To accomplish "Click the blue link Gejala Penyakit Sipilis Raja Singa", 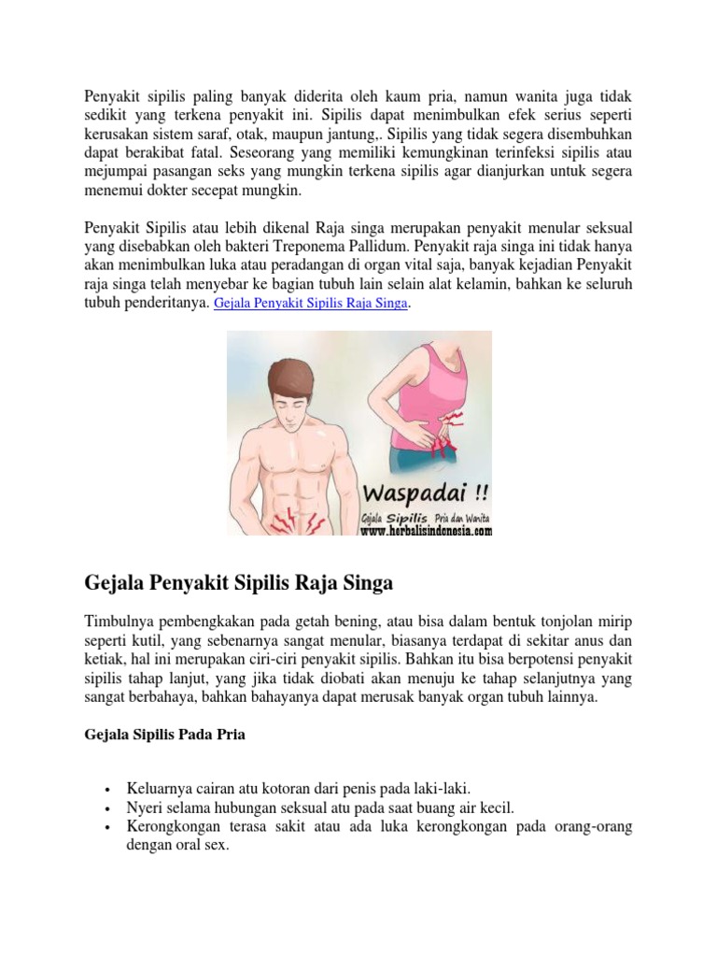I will tap(312, 305).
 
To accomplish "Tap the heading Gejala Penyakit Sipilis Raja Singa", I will tap(238, 583).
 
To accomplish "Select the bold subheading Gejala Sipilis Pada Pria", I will tap(165, 735).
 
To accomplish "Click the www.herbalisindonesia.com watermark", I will tap(426, 531).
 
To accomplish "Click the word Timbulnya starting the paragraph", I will tap(120, 621).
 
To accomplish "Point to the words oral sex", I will tap(202, 847).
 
